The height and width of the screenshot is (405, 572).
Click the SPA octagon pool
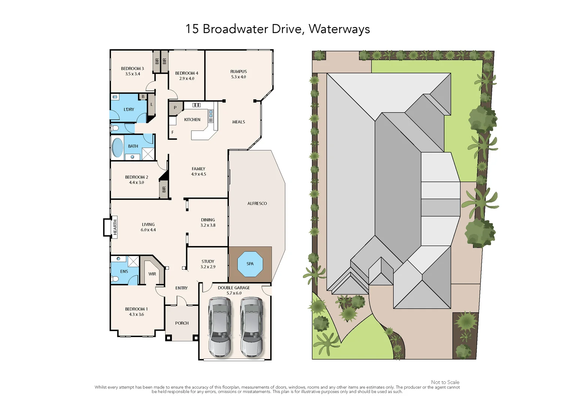click(x=250, y=264)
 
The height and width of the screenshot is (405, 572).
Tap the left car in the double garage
click(x=220, y=327)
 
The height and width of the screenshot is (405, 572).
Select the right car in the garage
click(x=251, y=327)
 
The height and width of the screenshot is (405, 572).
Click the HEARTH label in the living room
click(x=115, y=227)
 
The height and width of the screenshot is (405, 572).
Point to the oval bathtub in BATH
click(x=118, y=148)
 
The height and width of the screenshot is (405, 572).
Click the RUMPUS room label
click(x=239, y=72)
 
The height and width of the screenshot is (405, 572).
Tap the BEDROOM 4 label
click(x=187, y=73)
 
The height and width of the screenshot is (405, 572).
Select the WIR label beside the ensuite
click(x=152, y=274)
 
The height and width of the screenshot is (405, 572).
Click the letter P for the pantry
click(x=175, y=108)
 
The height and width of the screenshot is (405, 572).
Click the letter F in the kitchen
click(x=173, y=132)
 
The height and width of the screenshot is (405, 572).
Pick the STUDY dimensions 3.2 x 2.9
click(x=208, y=267)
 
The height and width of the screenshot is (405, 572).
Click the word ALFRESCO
click(x=257, y=204)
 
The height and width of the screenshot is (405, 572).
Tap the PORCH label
click(x=182, y=323)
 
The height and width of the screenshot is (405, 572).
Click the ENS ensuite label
click(x=124, y=271)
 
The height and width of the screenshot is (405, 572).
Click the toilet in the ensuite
click(x=115, y=279)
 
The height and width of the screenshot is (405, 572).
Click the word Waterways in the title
click(x=339, y=29)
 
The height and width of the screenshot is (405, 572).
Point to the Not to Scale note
click(x=445, y=382)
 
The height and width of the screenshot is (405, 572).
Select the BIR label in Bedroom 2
click(x=164, y=190)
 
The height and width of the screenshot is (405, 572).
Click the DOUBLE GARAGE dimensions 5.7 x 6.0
click(x=234, y=293)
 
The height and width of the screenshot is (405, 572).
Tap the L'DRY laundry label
click(x=129, y=109)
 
